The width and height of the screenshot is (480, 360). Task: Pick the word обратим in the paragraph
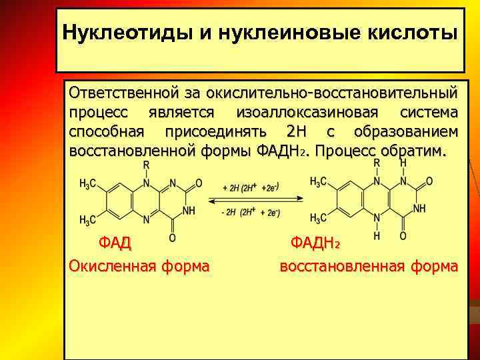(419, 149)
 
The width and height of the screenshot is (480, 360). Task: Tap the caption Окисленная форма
(139, 266)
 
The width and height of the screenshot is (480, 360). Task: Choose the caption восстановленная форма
(369, 266)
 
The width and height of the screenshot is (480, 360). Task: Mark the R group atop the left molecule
(147, 165)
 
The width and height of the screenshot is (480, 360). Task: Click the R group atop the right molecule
(376, 162)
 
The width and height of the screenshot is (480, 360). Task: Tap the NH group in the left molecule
(189, 210)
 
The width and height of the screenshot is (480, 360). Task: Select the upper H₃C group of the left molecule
(89, 184)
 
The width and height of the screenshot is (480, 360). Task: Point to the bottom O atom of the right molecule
(403, 236)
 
